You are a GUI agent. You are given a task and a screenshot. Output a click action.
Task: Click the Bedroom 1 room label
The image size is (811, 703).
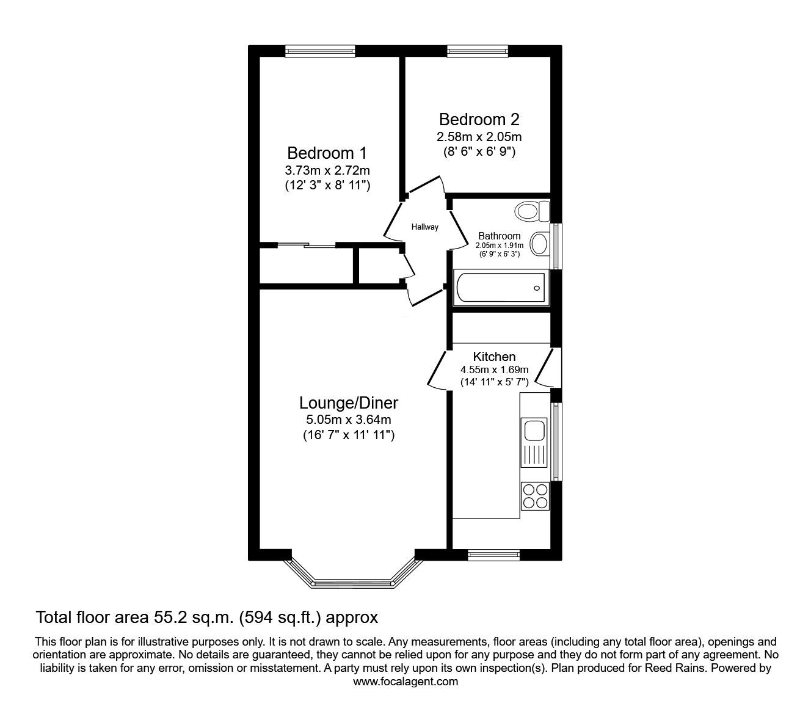pyautogui.click(x=327, y=153)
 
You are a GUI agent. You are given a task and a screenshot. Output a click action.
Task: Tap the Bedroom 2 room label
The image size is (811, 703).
pyautogui.click(x=479, y=120)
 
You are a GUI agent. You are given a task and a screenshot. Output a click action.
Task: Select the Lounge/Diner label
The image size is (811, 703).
pyautogui.click(x=349, y=403)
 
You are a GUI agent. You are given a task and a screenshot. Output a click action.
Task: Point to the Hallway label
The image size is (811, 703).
pyautogui.click(x=424, y=227)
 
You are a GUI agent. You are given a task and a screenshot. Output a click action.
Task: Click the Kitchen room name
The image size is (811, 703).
pyautogui.click(x=494, y=357)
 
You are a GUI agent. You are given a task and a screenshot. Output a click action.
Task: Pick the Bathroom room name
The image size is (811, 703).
pyautogui.click(x=500, y=236)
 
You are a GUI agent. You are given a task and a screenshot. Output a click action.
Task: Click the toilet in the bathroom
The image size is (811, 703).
pyautogui.click(x=532, y=211)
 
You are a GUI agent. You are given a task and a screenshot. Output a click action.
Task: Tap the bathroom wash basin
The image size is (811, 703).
pyautogui.click(x=540, y=244)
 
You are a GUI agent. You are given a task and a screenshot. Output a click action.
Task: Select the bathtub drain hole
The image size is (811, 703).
pyautogui.click(x=537, y=288)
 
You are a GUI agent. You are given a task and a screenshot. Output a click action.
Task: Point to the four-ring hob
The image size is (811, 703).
pyautogui.click(x=535, y=496)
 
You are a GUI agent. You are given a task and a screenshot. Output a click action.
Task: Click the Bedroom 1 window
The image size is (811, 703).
pyautogui.click(x=320, y=51)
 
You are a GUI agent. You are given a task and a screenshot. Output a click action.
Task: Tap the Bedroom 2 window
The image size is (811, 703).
pyautogui.click(x=478, y=51)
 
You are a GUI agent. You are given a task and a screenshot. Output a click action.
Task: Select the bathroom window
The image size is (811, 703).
pyautogui.click(x=556, y=246)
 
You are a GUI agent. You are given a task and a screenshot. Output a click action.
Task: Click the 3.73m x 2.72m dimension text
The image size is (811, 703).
pyautogui.click(x=327, y=170)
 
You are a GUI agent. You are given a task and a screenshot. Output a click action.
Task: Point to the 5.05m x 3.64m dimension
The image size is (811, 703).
pyautogui.click(x=349, y=419)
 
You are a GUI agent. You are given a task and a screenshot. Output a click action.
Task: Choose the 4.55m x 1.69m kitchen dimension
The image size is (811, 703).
pyautogui.click(x=495, y=370)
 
